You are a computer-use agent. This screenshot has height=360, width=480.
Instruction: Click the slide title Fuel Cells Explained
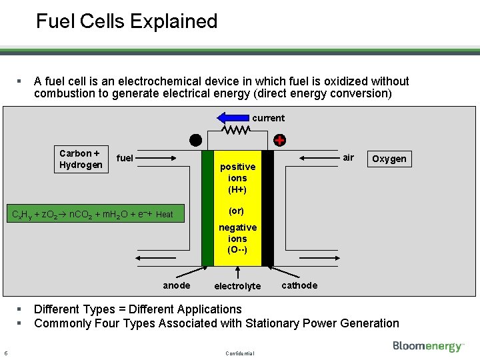[127, 21]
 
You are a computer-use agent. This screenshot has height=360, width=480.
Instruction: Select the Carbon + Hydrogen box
[81, 159]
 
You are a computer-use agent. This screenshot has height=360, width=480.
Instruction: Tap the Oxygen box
[389, 159]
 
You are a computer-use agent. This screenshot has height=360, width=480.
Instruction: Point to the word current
[268, 118]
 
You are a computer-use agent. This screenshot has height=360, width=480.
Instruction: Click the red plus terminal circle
[279, 141]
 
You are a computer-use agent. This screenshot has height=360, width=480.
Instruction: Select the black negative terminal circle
[195, 140]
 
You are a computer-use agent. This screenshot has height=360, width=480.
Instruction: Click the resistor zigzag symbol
[237, 131]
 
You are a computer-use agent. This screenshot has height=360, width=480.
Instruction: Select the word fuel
[125, 159]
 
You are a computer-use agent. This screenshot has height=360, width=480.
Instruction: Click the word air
[348, 157]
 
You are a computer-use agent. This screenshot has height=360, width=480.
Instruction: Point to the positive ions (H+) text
[237, 178]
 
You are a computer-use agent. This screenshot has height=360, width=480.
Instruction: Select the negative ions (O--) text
[237, 239]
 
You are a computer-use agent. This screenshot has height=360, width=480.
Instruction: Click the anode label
[177, 285]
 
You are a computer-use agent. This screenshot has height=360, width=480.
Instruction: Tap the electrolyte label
[237, 286]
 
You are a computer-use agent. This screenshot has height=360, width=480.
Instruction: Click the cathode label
[299, 285]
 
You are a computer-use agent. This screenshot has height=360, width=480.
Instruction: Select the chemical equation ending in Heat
[89, 214]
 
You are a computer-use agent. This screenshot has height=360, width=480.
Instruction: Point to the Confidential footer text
[239, 353]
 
